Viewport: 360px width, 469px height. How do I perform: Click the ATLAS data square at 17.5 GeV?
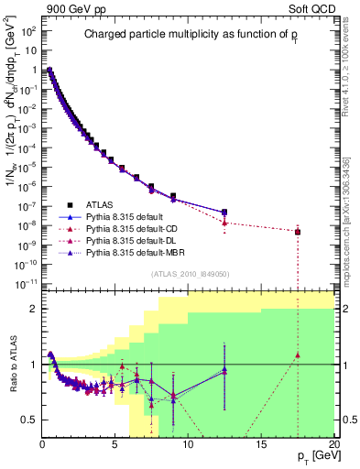click(297, 232)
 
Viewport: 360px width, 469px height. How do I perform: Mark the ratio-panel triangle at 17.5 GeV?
click(297, 355)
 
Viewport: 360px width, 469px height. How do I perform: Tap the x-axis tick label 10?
click(188, 444)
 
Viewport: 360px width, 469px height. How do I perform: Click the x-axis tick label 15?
click(261, 444)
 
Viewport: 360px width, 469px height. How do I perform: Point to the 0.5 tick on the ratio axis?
click(29, 420)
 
